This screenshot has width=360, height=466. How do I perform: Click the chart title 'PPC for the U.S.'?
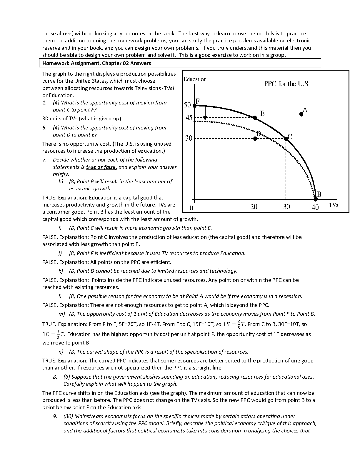287,84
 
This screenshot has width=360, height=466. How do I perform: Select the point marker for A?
301,114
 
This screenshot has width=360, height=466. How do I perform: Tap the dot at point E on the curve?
255,118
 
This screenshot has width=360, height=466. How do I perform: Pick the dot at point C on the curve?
286,138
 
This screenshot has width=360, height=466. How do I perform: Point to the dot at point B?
316,199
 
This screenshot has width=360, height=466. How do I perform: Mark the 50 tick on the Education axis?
187,105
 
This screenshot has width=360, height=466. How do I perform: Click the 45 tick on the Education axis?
189,118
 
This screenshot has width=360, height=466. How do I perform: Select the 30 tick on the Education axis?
189,138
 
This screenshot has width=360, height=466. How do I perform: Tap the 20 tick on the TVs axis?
254,207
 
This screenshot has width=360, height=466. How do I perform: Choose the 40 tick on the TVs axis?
315,207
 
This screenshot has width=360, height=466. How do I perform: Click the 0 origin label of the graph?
191,208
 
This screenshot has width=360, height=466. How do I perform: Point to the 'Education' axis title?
195,79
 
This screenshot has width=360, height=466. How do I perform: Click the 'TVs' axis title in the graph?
334,205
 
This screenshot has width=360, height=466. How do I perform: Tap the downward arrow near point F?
205,113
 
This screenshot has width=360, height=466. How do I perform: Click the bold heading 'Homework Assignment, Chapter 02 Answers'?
97,63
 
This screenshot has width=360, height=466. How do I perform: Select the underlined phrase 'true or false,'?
101,167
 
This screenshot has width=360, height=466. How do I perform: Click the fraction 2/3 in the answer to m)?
239,324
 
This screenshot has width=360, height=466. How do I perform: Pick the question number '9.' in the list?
55,416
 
